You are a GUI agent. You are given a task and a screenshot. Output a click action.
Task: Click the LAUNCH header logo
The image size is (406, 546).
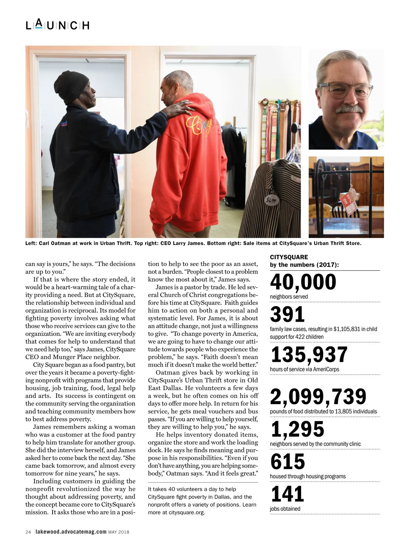coord(58,25)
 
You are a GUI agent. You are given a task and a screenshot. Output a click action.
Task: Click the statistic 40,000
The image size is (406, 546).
coord(303,282)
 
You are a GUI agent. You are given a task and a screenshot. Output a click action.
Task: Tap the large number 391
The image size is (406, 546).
coord(287,314)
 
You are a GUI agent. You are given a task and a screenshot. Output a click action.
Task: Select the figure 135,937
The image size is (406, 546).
coord(309,354)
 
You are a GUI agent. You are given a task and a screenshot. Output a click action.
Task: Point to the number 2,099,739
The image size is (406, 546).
coord(318,396)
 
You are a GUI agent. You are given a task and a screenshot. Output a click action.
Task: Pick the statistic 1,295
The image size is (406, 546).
coord(297,429)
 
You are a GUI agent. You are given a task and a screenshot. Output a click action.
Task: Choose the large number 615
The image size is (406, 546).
coord(288,461)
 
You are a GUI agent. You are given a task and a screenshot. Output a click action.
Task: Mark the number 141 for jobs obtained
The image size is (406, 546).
coord(287,494)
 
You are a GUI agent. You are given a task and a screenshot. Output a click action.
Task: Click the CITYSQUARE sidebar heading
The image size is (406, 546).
coord(289,257)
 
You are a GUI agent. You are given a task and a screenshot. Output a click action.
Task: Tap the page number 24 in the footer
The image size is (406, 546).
coord(28,532)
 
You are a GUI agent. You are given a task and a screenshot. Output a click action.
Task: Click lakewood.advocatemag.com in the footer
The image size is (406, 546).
coord(71,532)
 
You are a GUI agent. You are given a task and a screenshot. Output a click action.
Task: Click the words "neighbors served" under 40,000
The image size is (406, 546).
coord(289,297)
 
